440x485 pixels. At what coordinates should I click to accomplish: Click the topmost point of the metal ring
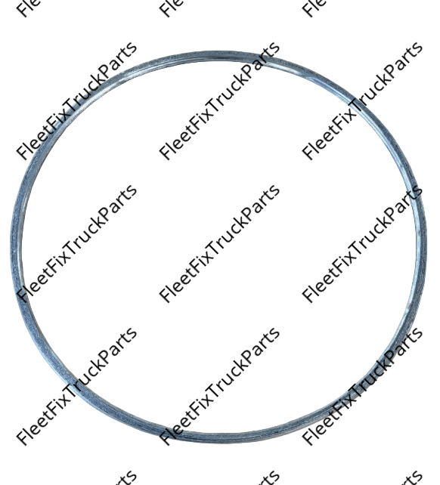pos(217,51)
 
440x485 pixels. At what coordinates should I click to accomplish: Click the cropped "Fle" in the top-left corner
pos(28,8)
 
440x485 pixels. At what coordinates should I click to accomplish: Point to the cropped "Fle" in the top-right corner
pos(313,8)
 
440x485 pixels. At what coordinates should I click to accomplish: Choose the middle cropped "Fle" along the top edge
pos(171,8)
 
